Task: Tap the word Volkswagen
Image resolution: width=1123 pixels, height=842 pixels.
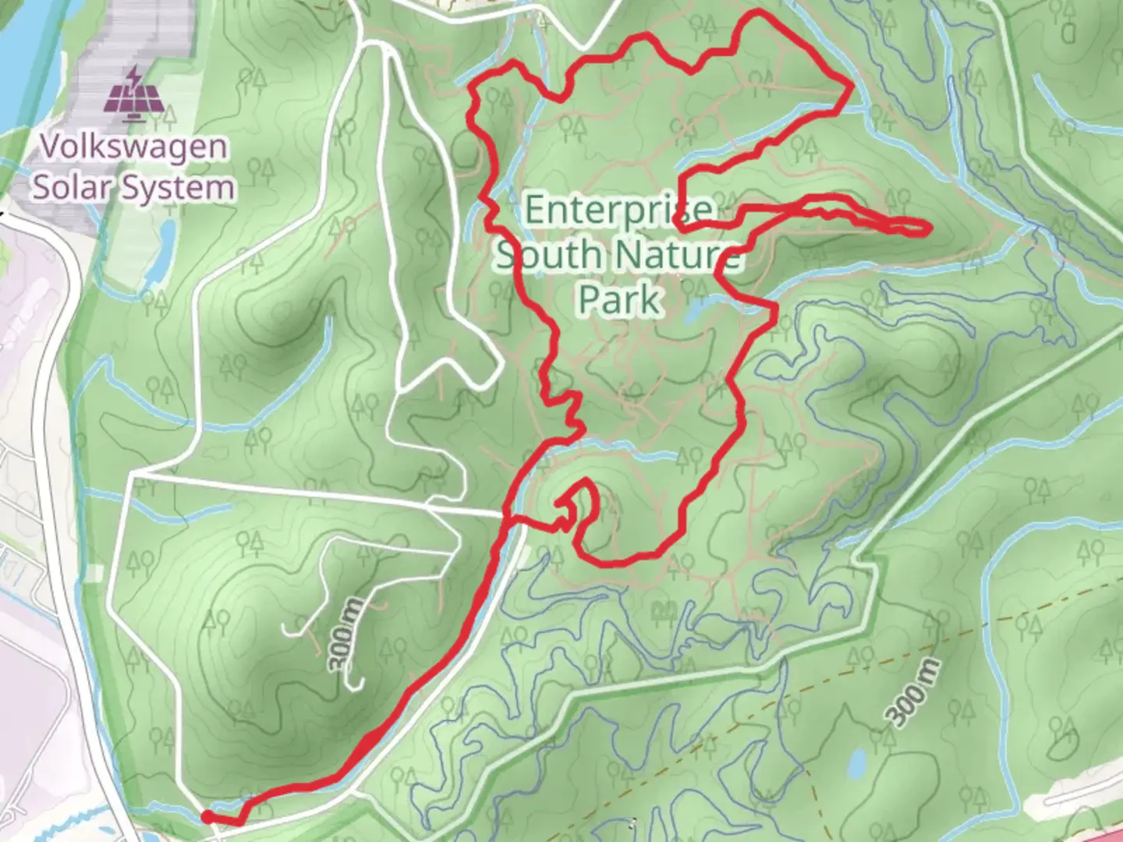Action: click(x=134, y=147)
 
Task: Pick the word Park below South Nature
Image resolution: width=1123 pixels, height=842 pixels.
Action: click(x=621, y=299)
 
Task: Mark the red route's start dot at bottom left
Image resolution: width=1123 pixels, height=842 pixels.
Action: click(x=207, y=815)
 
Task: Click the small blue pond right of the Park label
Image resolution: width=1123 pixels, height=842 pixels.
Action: click(x=693, y=313)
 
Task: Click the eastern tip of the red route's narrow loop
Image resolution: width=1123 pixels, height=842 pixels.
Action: click(x=928, y=228)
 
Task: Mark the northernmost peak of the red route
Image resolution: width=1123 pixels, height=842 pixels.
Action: click(x=759, y=12)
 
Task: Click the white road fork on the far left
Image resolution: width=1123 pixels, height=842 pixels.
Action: click(x=131, y=474)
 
